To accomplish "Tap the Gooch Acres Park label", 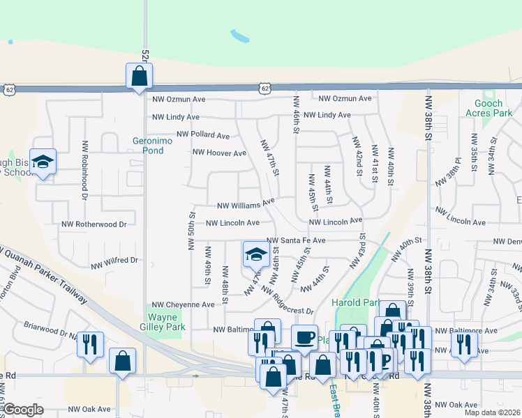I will tap(489, 108).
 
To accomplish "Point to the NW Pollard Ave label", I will tap(203, 134).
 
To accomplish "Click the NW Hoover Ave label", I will tap(219, 153).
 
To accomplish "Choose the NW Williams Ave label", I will tap(246, 205).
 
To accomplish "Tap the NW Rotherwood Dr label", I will tap(94, 224).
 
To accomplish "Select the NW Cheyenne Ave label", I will tap(183, 304).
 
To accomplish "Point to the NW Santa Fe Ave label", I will tap(296, 240).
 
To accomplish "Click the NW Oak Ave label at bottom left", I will tap(89, 409).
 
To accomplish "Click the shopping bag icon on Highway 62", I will tap(139, 75).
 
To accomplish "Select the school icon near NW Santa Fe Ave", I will tap(255, 254).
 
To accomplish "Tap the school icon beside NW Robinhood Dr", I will tap(43, 162).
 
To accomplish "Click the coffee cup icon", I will tap(304, 337).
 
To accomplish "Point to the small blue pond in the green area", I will tap(239, 35).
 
